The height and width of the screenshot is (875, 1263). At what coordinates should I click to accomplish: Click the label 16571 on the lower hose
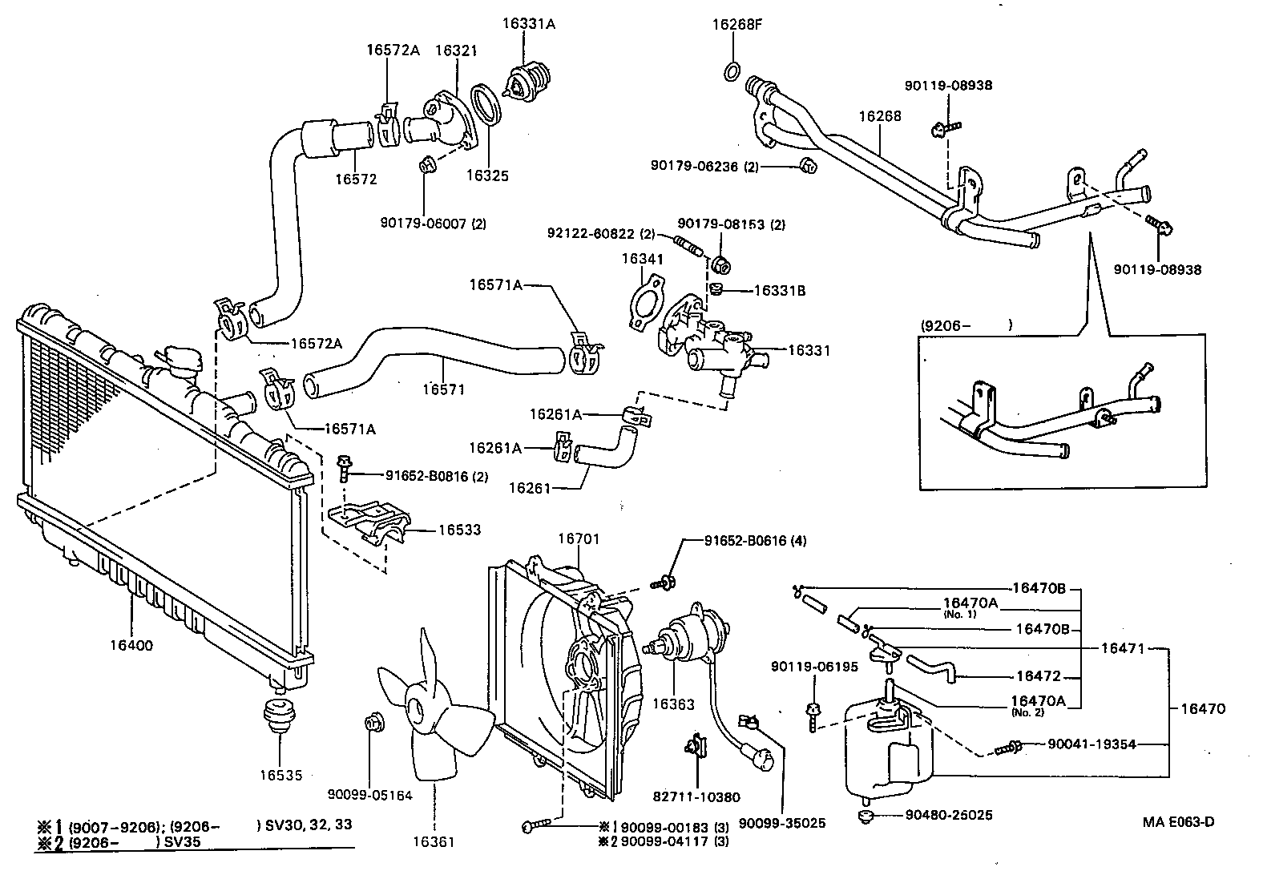click(x=443, y=389)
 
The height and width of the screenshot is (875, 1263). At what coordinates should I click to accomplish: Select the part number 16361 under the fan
click(x=434, y=842)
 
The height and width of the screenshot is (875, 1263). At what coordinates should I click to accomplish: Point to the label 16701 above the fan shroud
click(x=579, y=539)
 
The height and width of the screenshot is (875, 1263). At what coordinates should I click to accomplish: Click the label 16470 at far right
click(x=1203, y=708)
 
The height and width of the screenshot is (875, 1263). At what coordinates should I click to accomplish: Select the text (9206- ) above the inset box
click(x=967, y=325)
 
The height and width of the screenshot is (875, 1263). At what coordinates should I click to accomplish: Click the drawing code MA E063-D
click(x=1178, y=822)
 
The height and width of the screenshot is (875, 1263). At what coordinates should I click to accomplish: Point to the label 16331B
click(x=779, y=291)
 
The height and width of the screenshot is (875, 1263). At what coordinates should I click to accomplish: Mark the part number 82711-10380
click(x=696, y=797)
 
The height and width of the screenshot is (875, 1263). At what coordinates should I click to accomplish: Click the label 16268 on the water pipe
click(x=880, y=116)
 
